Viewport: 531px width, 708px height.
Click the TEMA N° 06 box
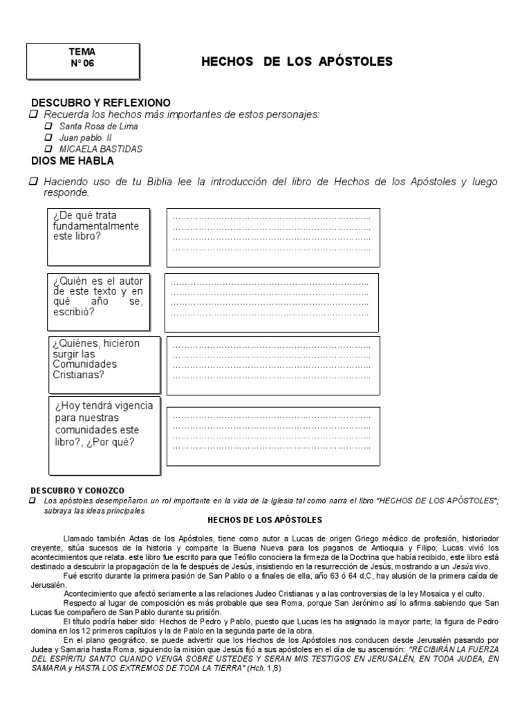82,61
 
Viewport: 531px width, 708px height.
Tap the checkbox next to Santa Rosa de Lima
48,127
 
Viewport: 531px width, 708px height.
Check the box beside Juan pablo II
48,138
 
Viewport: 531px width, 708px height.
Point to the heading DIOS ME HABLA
73,161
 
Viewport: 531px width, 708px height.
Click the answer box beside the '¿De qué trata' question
272,237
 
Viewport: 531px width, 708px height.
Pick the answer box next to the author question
271,303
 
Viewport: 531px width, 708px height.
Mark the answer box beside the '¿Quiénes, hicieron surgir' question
273,365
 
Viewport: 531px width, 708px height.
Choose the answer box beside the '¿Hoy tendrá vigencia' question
272,437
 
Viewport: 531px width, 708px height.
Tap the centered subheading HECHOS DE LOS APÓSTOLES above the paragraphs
265,519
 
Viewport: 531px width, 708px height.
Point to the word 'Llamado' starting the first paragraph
77,538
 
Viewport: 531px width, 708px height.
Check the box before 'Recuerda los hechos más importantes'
33,113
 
